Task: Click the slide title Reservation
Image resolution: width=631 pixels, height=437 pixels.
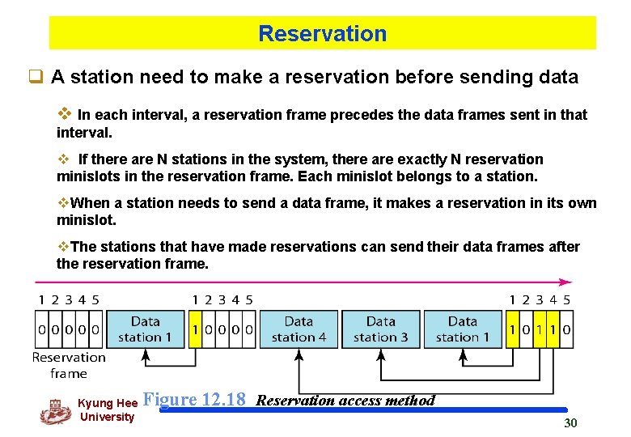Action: point(322,34)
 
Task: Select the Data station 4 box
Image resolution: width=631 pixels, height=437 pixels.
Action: point(299,329)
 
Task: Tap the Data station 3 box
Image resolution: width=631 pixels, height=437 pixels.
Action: point(380,329)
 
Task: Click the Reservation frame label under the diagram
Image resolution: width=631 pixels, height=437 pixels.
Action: point(69,365)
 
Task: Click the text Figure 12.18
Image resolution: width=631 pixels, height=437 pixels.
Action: point(193,400)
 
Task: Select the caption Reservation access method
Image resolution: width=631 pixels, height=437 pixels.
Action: point(345,401)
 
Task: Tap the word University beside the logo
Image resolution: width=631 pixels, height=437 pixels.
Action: point(108,418)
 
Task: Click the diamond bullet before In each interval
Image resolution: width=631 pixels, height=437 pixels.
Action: point(67,114)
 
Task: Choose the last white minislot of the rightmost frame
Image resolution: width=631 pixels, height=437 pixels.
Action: point(566,330)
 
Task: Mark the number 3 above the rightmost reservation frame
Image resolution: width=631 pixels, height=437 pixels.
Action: point(540,300)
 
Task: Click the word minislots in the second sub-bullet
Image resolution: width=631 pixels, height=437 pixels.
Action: point(86,176)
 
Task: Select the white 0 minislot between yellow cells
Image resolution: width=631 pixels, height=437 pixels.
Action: point(526,330)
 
